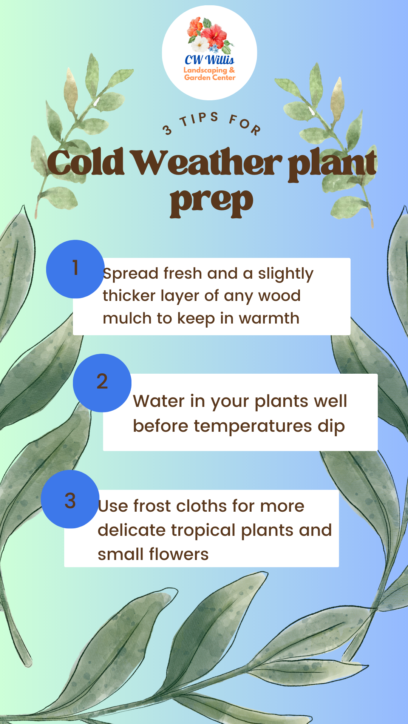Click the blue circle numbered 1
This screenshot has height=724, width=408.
click(x=75, y=269)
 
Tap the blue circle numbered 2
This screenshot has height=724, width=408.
click(x=102, y=383)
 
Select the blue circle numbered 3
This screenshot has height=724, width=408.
click(x=70, y=499)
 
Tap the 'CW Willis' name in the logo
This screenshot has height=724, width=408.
click(x=209, y=60)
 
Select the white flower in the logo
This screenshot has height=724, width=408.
click(x=199, y=44)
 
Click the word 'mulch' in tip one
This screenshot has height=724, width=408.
click(x=127, y=318)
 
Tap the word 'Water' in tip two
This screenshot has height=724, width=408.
click(x=159, y=401)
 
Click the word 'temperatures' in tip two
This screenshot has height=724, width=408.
click(x=253, y=426)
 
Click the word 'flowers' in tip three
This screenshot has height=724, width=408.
click(x=179, y=554)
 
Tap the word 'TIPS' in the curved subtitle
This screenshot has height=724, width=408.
click(x=199, y=119)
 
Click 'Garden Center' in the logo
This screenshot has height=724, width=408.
click(x=210, y=77)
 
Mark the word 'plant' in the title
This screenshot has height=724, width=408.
click(x=332, y=165)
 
